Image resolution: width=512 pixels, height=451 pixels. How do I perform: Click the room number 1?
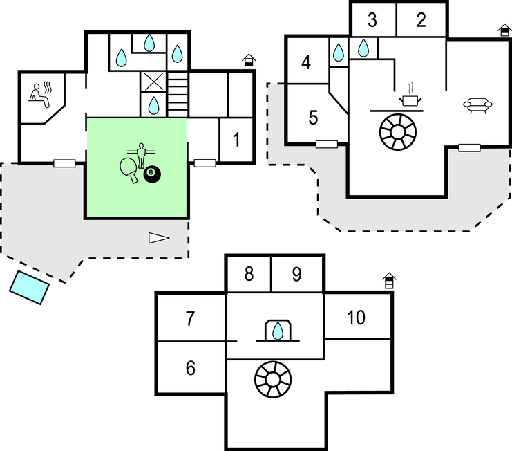[x=236, y=140]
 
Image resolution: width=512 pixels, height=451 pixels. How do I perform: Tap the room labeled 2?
[x=421, y=20]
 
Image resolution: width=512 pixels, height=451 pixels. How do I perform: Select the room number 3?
[x=372, y=20]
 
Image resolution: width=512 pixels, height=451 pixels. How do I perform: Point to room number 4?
[x=307, y=63]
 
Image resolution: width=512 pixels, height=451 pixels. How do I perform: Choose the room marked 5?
[x=313, y=118]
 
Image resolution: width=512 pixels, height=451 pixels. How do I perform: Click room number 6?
[x=191, y=367]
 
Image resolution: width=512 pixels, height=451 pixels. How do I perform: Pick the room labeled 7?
[x=191, y=319]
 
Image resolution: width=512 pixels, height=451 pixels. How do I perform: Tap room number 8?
[x=249, y=275]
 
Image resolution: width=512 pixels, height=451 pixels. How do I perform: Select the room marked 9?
[x=296, y=275]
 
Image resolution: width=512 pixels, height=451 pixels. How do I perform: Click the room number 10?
[x=356, y=318]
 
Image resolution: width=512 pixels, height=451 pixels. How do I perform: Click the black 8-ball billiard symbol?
[x=152, y=176]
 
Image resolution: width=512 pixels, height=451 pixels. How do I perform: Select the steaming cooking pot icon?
[x=411, y=98]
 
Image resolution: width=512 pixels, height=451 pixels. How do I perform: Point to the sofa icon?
[x=479, y=105]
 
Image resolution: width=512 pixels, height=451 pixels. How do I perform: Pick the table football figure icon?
[x=140, y=151]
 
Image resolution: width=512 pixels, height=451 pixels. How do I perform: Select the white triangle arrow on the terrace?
[x=158, y=238]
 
